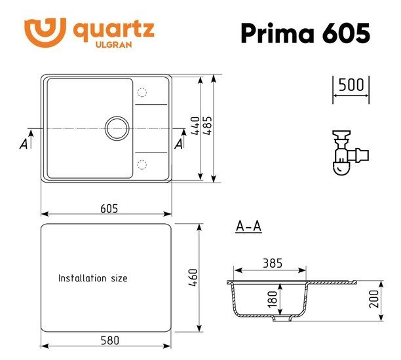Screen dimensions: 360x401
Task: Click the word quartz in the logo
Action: click(113, 29)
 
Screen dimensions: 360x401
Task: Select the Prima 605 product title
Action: click(305, 33)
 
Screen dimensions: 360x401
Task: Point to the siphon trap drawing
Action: click(349, 153)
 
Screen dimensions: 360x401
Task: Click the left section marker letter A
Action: click(24, 145)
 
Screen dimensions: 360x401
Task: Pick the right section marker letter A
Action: click(179, 144)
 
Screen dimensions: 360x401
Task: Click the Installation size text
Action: click(93, 278)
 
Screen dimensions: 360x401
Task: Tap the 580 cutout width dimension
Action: click(109, 340)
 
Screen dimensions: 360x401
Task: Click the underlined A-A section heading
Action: click(248, 226)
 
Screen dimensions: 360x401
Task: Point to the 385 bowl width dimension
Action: click(271, 264)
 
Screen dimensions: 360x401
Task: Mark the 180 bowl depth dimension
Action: click(273, 300)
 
